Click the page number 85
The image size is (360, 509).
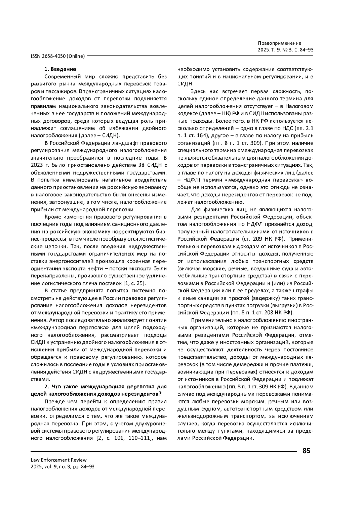click(x=306, y=451)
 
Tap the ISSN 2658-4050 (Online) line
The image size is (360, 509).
click(x=58, y=56)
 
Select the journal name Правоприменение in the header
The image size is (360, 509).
click(x=279, y=43)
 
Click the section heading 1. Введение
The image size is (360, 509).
click(x=60, y=69)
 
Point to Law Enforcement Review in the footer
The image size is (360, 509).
click(x=58, y=460)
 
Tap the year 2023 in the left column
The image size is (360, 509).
click(x=37, y=165)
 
